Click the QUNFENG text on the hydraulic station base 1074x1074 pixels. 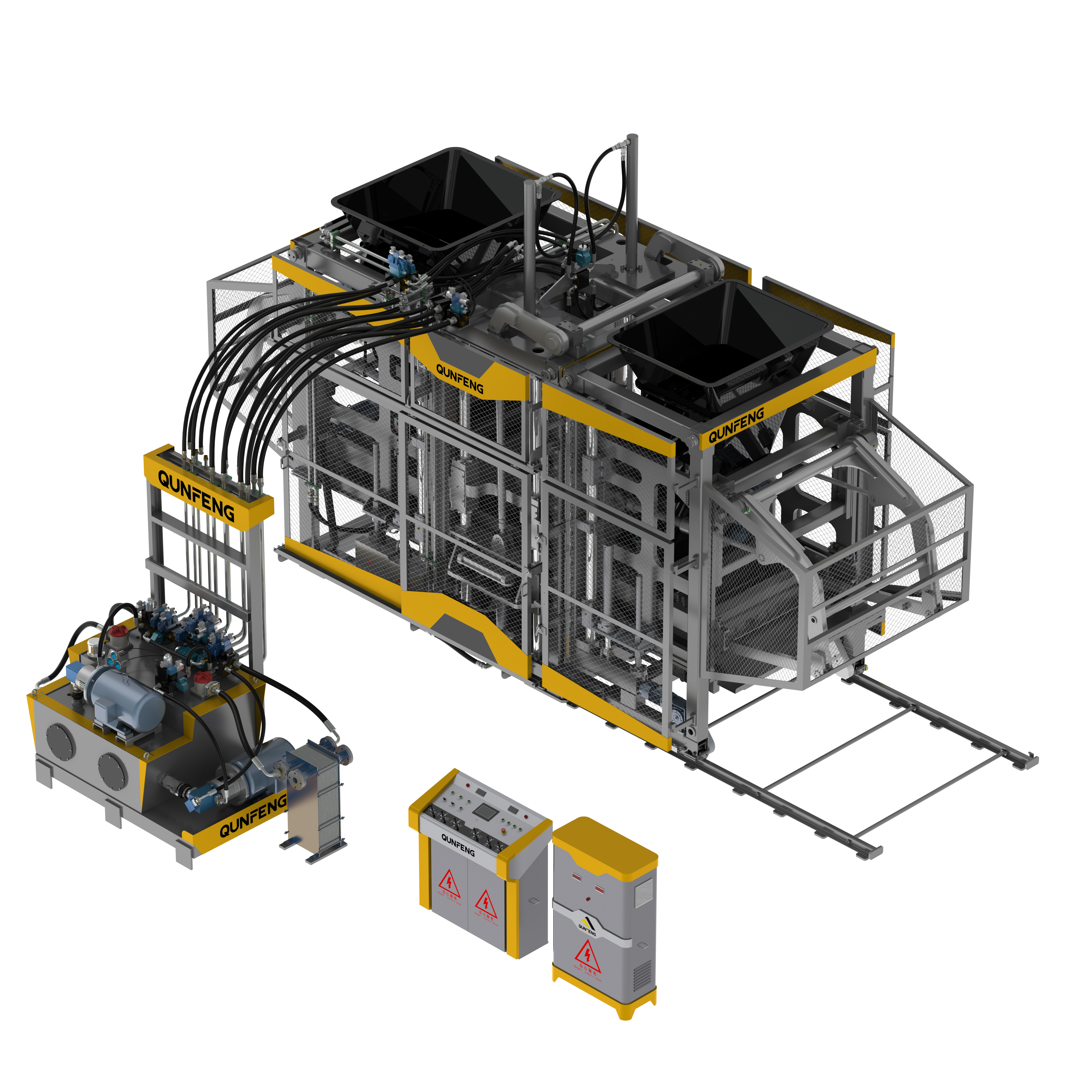[253, 815]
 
